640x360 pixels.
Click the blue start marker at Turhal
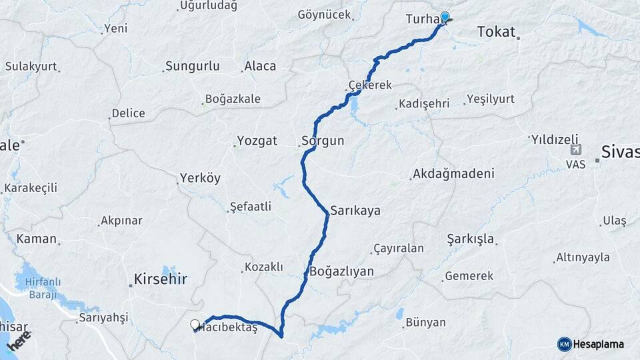click(445, 17)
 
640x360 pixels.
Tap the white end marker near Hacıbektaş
click(195, 325)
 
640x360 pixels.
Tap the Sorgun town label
click(323, 141)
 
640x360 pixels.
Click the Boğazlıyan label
click(341, 271)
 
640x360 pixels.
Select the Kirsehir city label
click(161, 279)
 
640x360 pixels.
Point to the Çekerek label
click(370, 85)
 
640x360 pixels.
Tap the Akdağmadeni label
click(453, 174)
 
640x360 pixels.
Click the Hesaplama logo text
click(599, 344)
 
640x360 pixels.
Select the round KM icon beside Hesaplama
click(564, 344)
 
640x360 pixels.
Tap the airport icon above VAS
click(575, 150)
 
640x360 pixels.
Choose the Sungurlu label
click(192, 66)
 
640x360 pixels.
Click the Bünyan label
click(425, 323)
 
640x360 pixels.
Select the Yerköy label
click(200, 178)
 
